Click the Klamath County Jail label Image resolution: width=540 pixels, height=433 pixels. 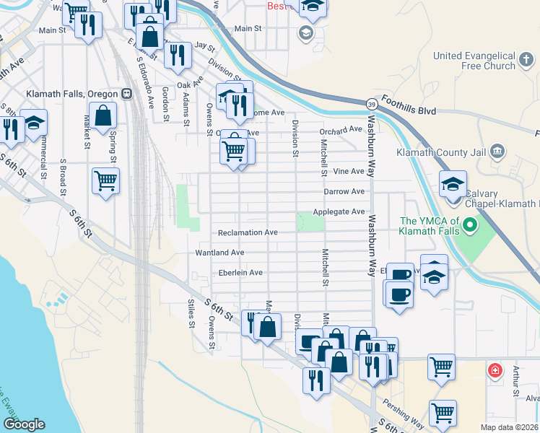pyautogui.click(x=440, y=152)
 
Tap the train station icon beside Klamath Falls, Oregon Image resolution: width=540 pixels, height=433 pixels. pyautogui.click(x=127, y=94)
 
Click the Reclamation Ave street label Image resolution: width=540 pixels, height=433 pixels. pyautogui.click(x=248, y=232)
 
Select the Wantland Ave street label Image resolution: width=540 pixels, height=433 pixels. pyautogui.click(x=219, y=253)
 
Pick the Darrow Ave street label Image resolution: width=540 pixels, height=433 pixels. pyautogui.click(x=344, y=192)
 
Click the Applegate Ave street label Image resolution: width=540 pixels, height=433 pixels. pyautogui.click(x=339, y=212)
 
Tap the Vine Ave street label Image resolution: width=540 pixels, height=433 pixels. pyautogui.click(x=349, y=172)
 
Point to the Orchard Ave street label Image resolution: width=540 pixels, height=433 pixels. pyautogui.click(x=341, y=130)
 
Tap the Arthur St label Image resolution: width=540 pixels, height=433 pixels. pyautogui.click(x=515, y=382)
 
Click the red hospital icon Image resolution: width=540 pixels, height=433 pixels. pyautogui.click(x=495, y=371)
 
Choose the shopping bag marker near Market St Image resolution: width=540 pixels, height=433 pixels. pyautogui.click(x=105, y=115)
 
